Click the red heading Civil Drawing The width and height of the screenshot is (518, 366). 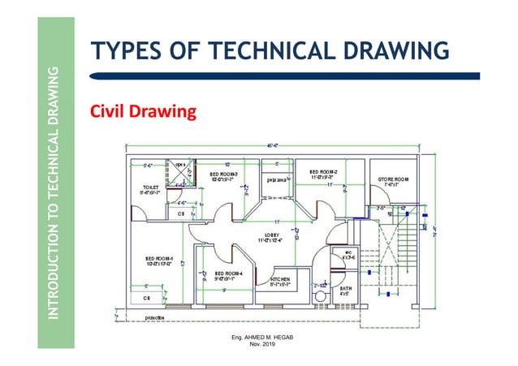[143, 111]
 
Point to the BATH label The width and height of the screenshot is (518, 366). [346, 290]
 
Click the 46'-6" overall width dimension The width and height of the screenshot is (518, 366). [270, 147]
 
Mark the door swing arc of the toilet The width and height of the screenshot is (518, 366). [140, 213]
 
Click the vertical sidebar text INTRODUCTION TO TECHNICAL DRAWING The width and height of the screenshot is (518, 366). [53, 196]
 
